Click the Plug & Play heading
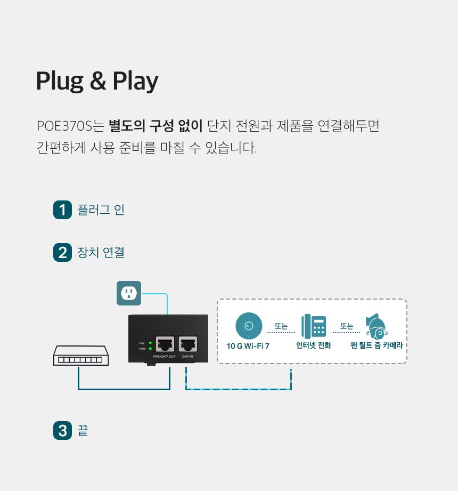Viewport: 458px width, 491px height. (x=97, y=81)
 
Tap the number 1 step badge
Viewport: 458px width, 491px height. (x=62, y=210)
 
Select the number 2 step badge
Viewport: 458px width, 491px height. (x=62, y=252)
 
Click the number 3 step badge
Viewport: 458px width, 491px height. (x=62, y=430)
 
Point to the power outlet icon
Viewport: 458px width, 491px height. (x=129, y=293)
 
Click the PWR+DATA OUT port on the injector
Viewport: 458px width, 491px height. (x=165, y=344)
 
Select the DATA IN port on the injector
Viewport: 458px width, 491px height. (x=188, y=344)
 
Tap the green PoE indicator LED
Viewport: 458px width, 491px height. (x=151, y=343)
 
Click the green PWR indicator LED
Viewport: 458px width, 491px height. (x=151, y=349)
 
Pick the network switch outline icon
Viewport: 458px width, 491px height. (x=81, y=356)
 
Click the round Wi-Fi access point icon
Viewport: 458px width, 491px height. (x=249, y=326)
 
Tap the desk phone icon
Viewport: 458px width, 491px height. (x=314, y=326)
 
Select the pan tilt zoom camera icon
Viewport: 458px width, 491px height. (x=377, y=327)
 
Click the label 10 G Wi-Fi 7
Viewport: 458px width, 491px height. (x=248, y=346)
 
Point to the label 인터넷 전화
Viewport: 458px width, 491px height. (x=314, y=345)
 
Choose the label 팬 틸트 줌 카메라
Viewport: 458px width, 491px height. (x=377, y=345)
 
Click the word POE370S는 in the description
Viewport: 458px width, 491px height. (x=70, y=126)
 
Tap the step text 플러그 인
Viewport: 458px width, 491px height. (x=101, y=210)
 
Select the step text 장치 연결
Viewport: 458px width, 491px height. (x=101, y=252)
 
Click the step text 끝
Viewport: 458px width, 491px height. (x=83, y=430)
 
